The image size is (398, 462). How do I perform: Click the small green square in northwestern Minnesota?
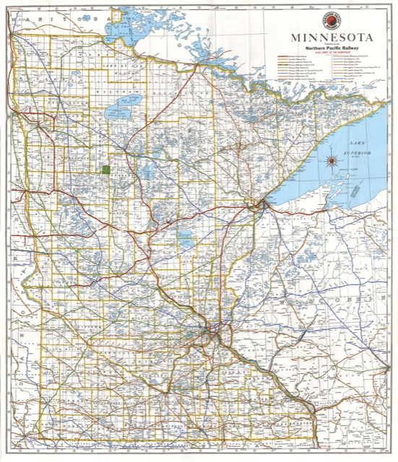[x=105, y=170]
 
